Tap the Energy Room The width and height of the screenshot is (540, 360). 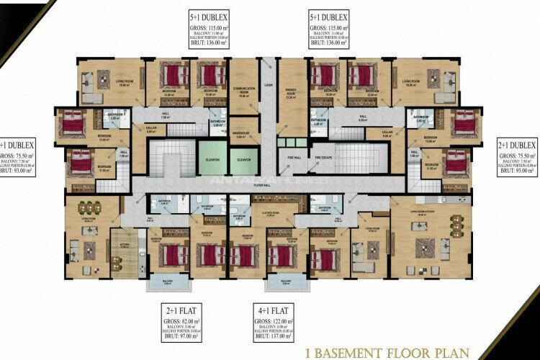[x=292, y=91]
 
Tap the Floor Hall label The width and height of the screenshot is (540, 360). [x=261, y=185]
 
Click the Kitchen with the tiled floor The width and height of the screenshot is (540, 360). [x=124, y=252]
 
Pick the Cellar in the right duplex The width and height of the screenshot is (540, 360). [x=387, y=132]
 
